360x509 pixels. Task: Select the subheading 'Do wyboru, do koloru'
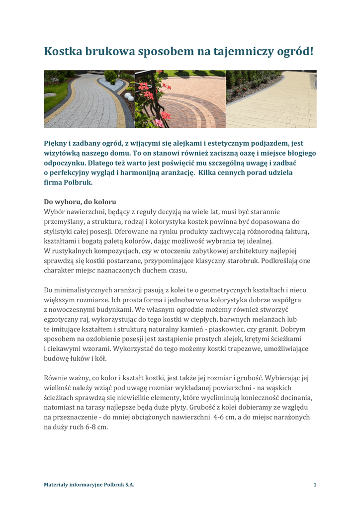tap(80, 202)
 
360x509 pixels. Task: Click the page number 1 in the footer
tap(315, 485)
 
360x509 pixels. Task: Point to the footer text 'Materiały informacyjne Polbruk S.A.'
tap(89, 485)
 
